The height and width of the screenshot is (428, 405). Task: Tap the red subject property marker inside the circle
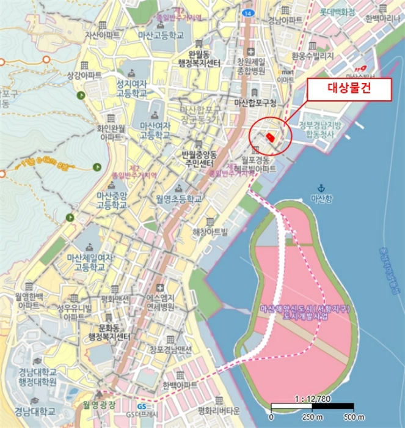271,138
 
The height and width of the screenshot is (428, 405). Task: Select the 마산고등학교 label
161,35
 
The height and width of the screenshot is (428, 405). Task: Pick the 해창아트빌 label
209,231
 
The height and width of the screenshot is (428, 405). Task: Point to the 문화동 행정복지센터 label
109,333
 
